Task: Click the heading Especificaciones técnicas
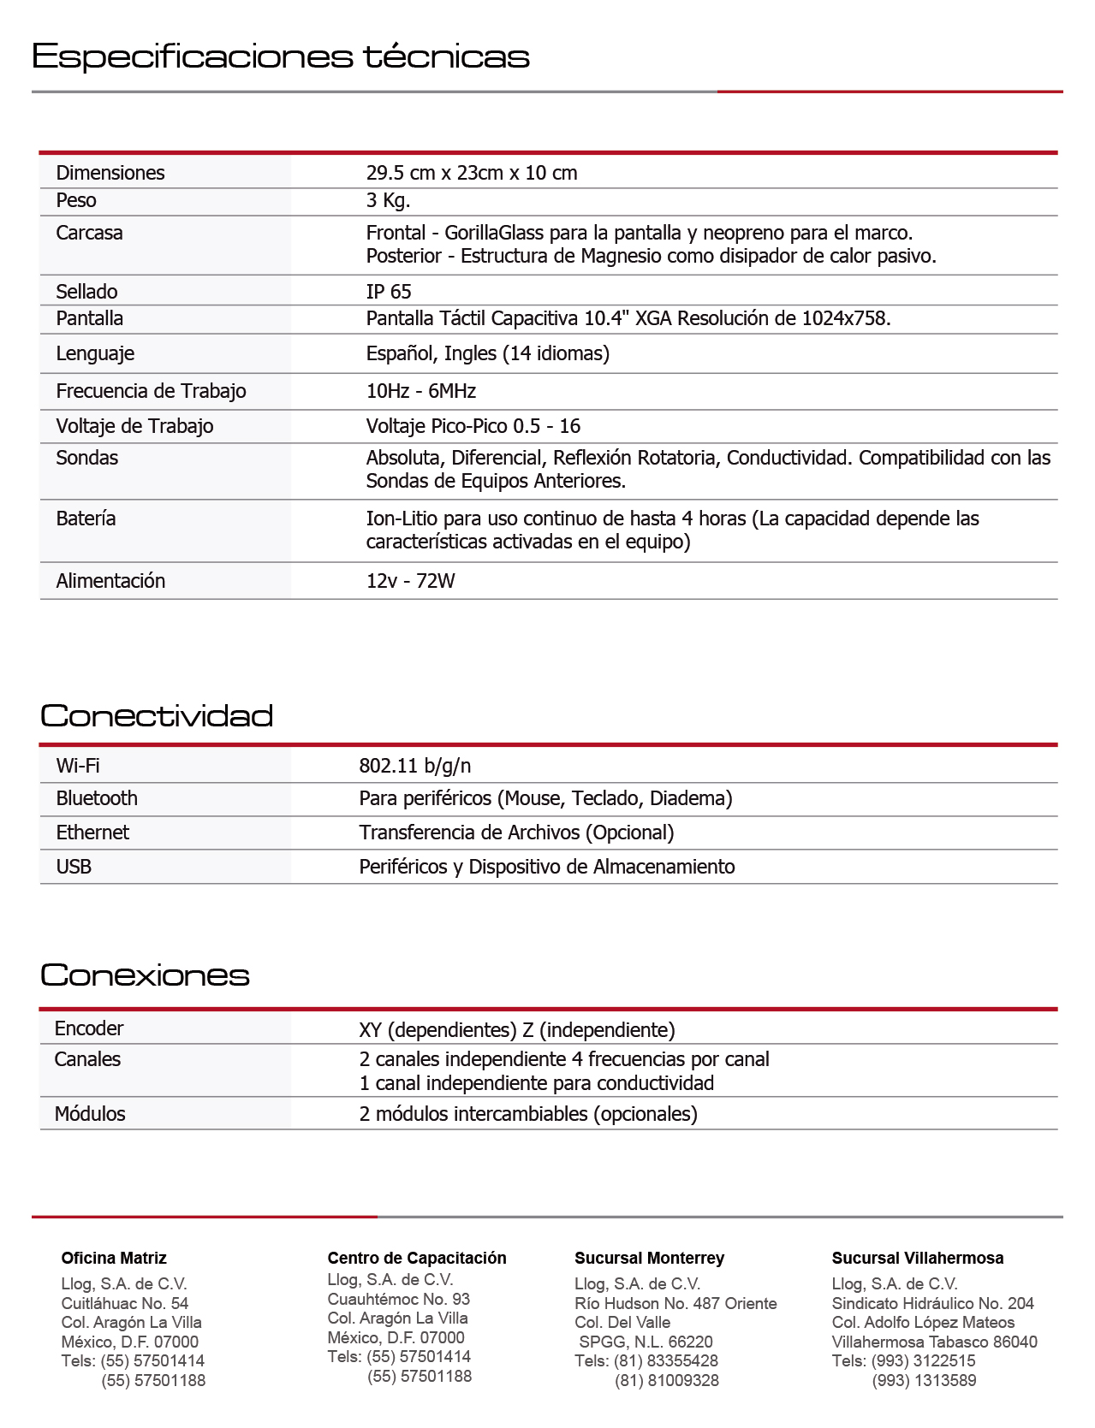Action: click(x=280, y=56)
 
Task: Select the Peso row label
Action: click(x=76, y=200)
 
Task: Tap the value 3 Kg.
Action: click(x=388, y=200)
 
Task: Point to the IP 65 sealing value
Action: click(x=389, y=292)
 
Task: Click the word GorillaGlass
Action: click(x=494, y=233)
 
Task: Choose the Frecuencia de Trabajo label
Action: click(x=151, y=391)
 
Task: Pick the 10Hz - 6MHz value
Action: click(x=420, y=391)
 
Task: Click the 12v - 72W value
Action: click(x=410, y=581)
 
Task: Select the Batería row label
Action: click(x=86, y=518)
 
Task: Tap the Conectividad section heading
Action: click(x=157, y=715)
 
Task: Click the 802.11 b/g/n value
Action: click(x=414, y=766)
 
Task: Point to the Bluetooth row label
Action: click(x=97, y=798)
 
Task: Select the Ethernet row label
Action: click(x=92, y=833)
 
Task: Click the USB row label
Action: click(x=74, y=867)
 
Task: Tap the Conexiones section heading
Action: click(x=145, y=975)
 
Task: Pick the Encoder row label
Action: click(x=89, y=1028)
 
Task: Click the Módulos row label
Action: click(x=90, y=1114)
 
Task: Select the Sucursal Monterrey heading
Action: click(x=649, y=1258)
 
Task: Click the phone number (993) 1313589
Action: click(x=924, y=1380)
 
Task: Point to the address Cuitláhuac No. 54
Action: click(x=124, y=1303)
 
